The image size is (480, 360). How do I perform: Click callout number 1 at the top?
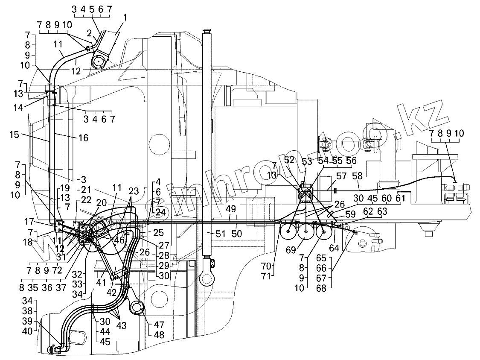125,18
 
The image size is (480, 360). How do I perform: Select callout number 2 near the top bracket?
89,32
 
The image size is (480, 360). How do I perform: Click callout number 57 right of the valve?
329,176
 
